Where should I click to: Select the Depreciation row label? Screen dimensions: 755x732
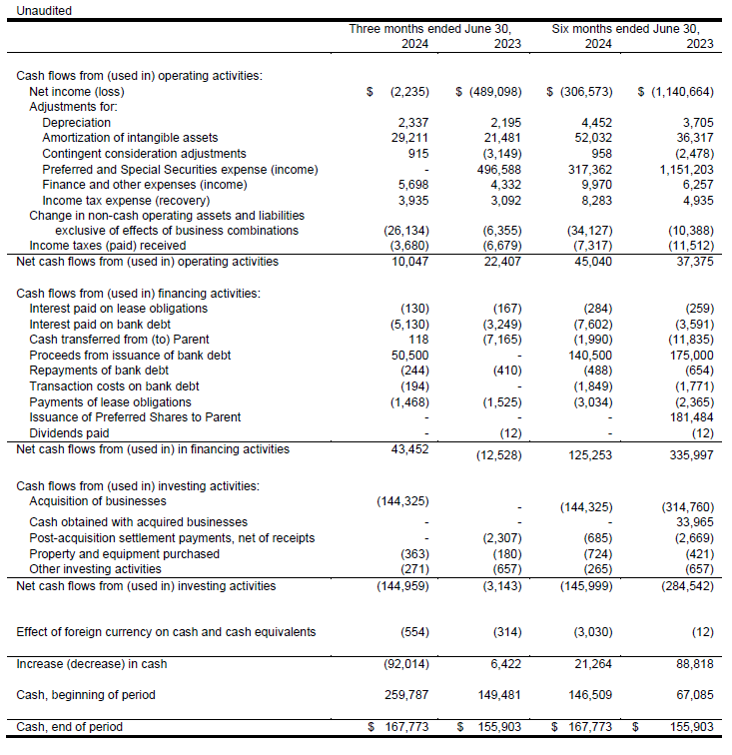[76, 123]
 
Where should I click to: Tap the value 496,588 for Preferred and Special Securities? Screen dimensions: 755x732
[496, 169]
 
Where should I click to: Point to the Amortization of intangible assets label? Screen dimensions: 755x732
[130, 138]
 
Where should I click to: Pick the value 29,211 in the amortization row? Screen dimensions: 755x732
[407, 138]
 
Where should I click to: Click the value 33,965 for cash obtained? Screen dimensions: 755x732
[692, 521]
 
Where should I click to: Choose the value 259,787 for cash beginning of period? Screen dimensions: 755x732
[407, 694]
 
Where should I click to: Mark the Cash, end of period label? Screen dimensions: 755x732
[70, 726]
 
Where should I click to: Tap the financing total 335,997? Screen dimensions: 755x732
[688, 454]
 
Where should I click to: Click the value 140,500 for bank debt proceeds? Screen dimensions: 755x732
[595, 356]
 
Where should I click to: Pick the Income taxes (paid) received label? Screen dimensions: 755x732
[108, 245]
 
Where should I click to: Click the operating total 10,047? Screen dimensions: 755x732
[410, 262]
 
